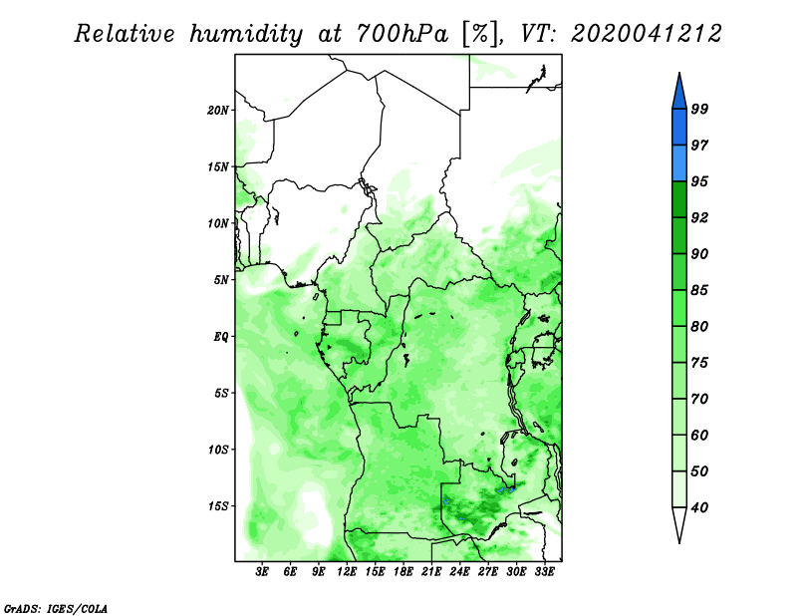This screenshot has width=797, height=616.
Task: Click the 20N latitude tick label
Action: (217, 111)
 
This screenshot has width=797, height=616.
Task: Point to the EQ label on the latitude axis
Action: (220, 337)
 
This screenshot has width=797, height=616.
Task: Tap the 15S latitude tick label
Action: (217, 506)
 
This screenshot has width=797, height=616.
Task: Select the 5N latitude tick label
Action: (221, 280)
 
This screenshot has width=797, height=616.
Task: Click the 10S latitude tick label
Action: (217, 450)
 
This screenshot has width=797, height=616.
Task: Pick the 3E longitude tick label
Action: (262, 571)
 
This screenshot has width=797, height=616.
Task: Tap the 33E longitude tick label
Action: (544, 571)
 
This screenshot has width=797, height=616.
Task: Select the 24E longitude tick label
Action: (459, 571)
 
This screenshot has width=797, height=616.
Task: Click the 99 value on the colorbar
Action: (699, 109)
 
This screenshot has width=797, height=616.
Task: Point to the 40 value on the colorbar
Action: (699, 507)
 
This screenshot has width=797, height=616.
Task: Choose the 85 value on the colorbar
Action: (699, 290)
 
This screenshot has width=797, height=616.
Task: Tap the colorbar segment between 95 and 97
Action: (679, 163)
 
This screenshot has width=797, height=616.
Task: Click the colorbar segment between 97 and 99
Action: (679, 128)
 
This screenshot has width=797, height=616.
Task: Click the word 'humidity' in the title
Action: (246, 35)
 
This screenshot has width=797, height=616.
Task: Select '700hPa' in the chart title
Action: (402, 34)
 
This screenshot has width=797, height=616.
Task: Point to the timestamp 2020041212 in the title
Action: (646, 34)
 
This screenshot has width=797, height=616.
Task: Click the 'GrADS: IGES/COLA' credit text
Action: (56, 608)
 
